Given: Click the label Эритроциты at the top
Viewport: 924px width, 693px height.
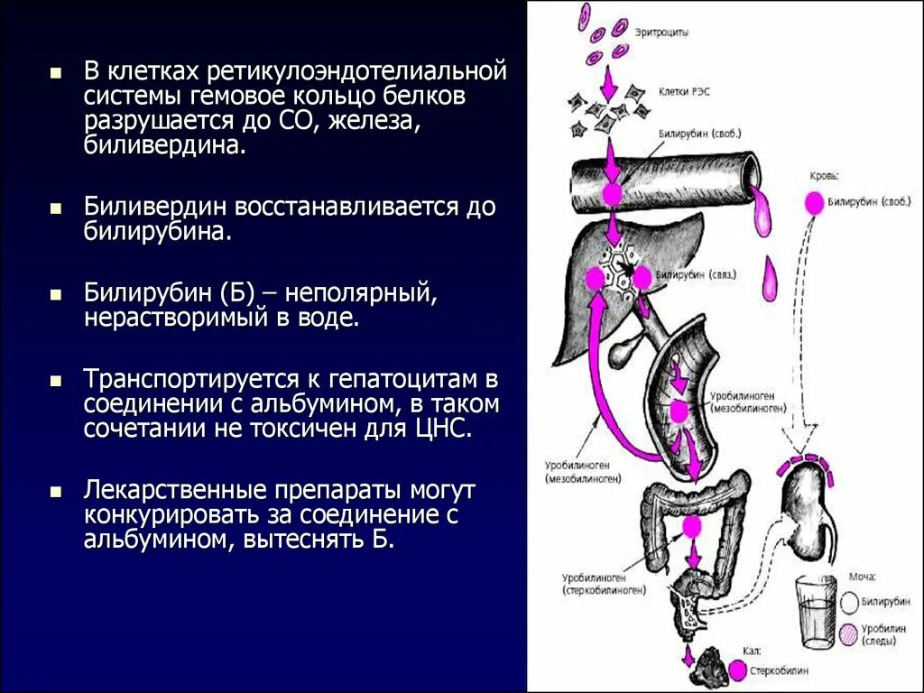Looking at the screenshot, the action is point(662,32).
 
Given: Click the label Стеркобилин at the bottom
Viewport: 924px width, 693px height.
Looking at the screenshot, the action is point(781,671).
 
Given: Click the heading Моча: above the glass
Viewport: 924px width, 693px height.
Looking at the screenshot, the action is point(862,576).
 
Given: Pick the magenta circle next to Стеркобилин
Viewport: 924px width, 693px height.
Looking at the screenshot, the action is point(738,670).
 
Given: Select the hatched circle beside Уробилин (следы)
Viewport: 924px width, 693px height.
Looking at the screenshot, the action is point(849,634).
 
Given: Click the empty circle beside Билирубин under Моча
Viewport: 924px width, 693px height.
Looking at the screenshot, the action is point(849,600).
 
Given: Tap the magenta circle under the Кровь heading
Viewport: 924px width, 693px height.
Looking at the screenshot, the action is point(814,204).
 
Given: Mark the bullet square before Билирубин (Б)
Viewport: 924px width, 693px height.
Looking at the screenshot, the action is point(56,295).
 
